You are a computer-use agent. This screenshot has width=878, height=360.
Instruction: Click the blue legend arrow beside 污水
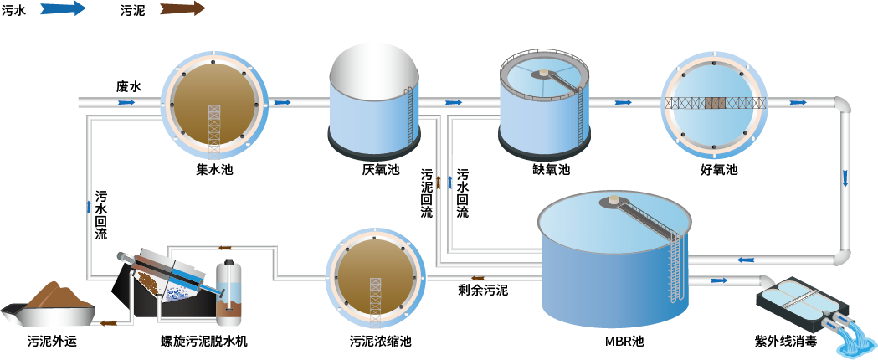click(x=62, y=9)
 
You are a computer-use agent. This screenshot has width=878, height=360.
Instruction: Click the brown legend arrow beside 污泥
click(x=182, y=9)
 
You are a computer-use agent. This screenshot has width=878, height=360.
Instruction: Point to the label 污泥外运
click(x=51, y=342)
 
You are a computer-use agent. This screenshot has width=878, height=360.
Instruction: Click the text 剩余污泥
click(x=482, y=291)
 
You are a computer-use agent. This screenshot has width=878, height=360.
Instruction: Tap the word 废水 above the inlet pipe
click(x=128, y=86)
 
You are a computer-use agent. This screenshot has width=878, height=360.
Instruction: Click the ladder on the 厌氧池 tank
click(x=408, y=113)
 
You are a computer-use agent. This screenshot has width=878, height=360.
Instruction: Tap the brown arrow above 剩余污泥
click(x=477, y=278)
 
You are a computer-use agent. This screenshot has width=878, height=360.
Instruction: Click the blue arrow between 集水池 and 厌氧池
click(x=282, y=102)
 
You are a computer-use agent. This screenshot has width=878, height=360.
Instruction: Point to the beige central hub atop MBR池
click(x=614, y=201)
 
